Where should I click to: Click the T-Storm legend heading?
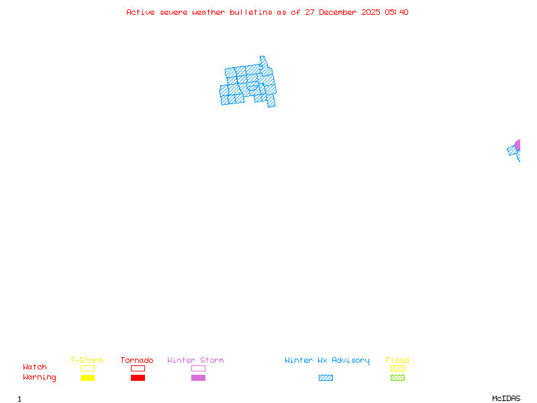click(x=87, y=361)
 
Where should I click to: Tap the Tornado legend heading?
click(x=137, y=361)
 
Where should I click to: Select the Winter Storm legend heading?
click(x=195, y=361)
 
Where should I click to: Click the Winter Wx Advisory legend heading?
click(x=327, y=361)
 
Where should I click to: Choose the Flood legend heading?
click(x=397, y=361)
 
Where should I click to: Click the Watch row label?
click(x=35, y=367)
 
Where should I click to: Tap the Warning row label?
click(x=40, y=377)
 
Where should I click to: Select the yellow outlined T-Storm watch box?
click(x=87, y=368)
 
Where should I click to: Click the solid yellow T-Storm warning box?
click(x=87, y=378)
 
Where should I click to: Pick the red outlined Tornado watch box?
click(x=138, y=368)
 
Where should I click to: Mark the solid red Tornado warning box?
click(x=138, y=378)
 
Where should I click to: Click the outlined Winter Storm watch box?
click(x=198, y=368)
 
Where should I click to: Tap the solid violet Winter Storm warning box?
click(x=198, y=378)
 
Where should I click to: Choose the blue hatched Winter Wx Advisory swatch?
click(x=326, y=378)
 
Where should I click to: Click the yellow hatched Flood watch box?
click(x=397, y=368)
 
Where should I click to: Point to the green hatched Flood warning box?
click(x=397, y=378)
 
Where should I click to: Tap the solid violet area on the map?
click(x=518, y=145)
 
